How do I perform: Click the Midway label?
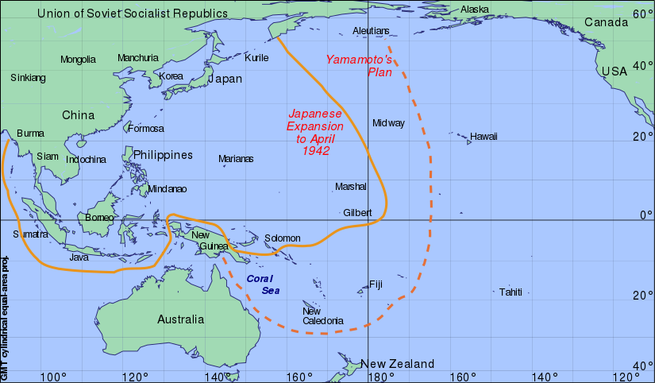[388, 123]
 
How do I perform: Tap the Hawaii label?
[483, 137]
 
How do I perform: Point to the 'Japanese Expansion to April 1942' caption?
[315, 132]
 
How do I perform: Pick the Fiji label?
[376, 284]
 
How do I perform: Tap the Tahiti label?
[511, 292]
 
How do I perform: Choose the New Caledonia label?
[322, 316]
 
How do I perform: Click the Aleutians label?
[371, 31]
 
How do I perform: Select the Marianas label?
[236, 159]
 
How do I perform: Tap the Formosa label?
[145, 129]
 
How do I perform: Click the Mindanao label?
[167, 189]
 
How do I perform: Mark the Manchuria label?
[138, 58]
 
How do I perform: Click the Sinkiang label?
[28, 78]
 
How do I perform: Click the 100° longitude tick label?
[53, 376]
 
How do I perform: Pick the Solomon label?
[282, 238]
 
